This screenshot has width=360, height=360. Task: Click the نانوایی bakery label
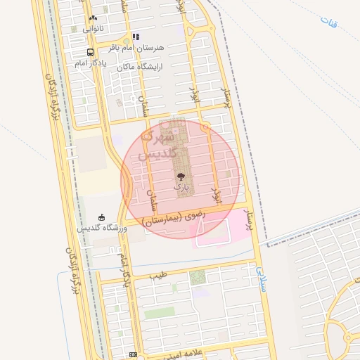coord(92,29)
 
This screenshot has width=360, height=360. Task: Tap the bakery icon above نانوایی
coord(93,18)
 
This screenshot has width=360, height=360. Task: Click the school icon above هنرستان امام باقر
coord(136,37)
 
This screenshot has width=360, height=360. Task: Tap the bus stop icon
coord(90,52)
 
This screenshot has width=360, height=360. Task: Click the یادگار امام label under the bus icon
coord(90,63)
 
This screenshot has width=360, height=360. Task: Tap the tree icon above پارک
coord(181,177)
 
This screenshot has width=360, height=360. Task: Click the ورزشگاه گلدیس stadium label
coord(102,228)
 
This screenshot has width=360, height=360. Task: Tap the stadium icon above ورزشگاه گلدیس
coord(103,217)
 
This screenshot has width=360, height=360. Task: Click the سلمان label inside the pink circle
coord(150,200)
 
